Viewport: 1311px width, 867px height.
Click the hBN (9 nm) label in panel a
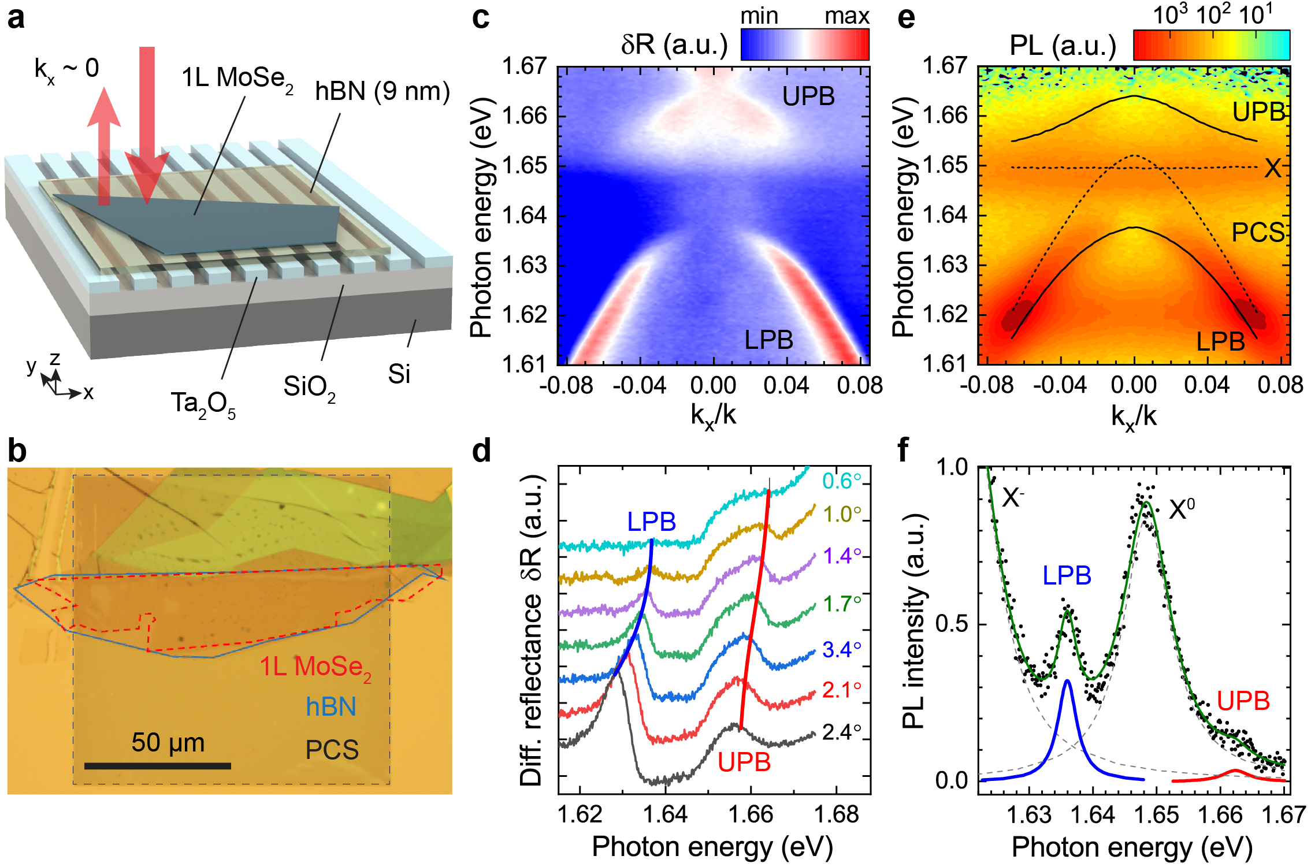(382, 91)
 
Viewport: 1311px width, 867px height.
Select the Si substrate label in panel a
(399, 374)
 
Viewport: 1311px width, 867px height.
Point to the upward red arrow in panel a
(104, 144)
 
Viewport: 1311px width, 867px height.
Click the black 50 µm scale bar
(157, 766)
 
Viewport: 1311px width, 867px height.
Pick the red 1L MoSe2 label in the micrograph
(315, 668)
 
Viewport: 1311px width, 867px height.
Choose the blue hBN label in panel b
(330, 707)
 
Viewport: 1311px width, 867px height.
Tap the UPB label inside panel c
(808, 96)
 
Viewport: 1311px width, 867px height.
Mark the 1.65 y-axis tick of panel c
(524, 166)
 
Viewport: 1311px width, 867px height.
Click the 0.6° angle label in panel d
(842, 481)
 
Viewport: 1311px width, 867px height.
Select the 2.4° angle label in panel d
(842, 732)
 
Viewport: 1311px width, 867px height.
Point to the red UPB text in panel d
(744, 762)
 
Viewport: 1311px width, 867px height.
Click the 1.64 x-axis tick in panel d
(666, 814)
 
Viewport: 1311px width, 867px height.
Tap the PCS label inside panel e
(1258, 233)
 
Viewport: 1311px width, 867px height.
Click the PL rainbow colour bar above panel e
(1212, 45)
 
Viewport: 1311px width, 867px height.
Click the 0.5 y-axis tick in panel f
(952, 623)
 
